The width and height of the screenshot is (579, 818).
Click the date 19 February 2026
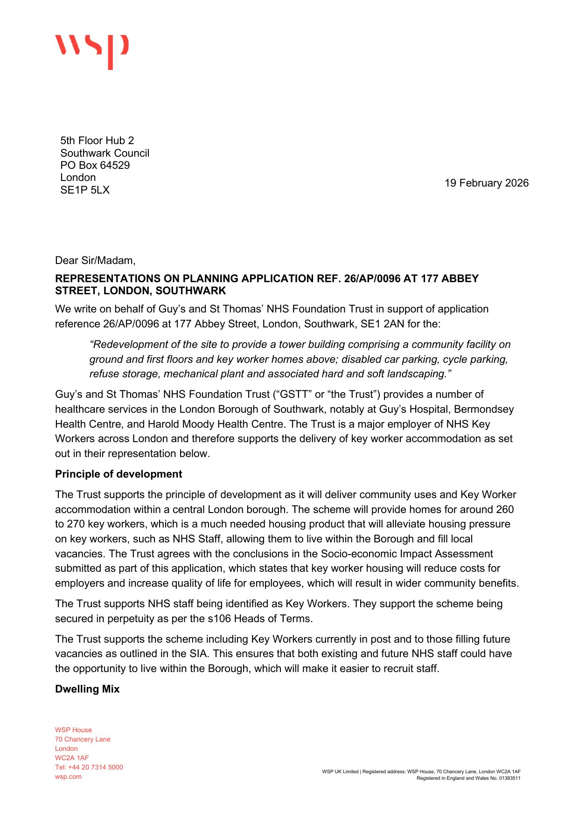click(486, 183)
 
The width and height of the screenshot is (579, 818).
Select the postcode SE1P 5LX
click(85, 190)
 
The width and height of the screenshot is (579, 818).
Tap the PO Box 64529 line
click(95, 165)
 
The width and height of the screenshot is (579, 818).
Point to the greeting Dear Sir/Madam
click(95, 260)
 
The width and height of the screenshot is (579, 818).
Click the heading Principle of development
click(119, 474)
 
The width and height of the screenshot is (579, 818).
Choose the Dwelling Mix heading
click(87, 689)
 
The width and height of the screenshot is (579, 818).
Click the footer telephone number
click(89, 767)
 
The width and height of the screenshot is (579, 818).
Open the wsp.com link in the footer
click(68, 776)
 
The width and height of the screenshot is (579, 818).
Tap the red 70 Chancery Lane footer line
click(83, 739)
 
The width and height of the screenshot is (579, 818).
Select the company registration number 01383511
click(510, 778)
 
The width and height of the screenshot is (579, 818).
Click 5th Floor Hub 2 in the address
click(97, 140)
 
